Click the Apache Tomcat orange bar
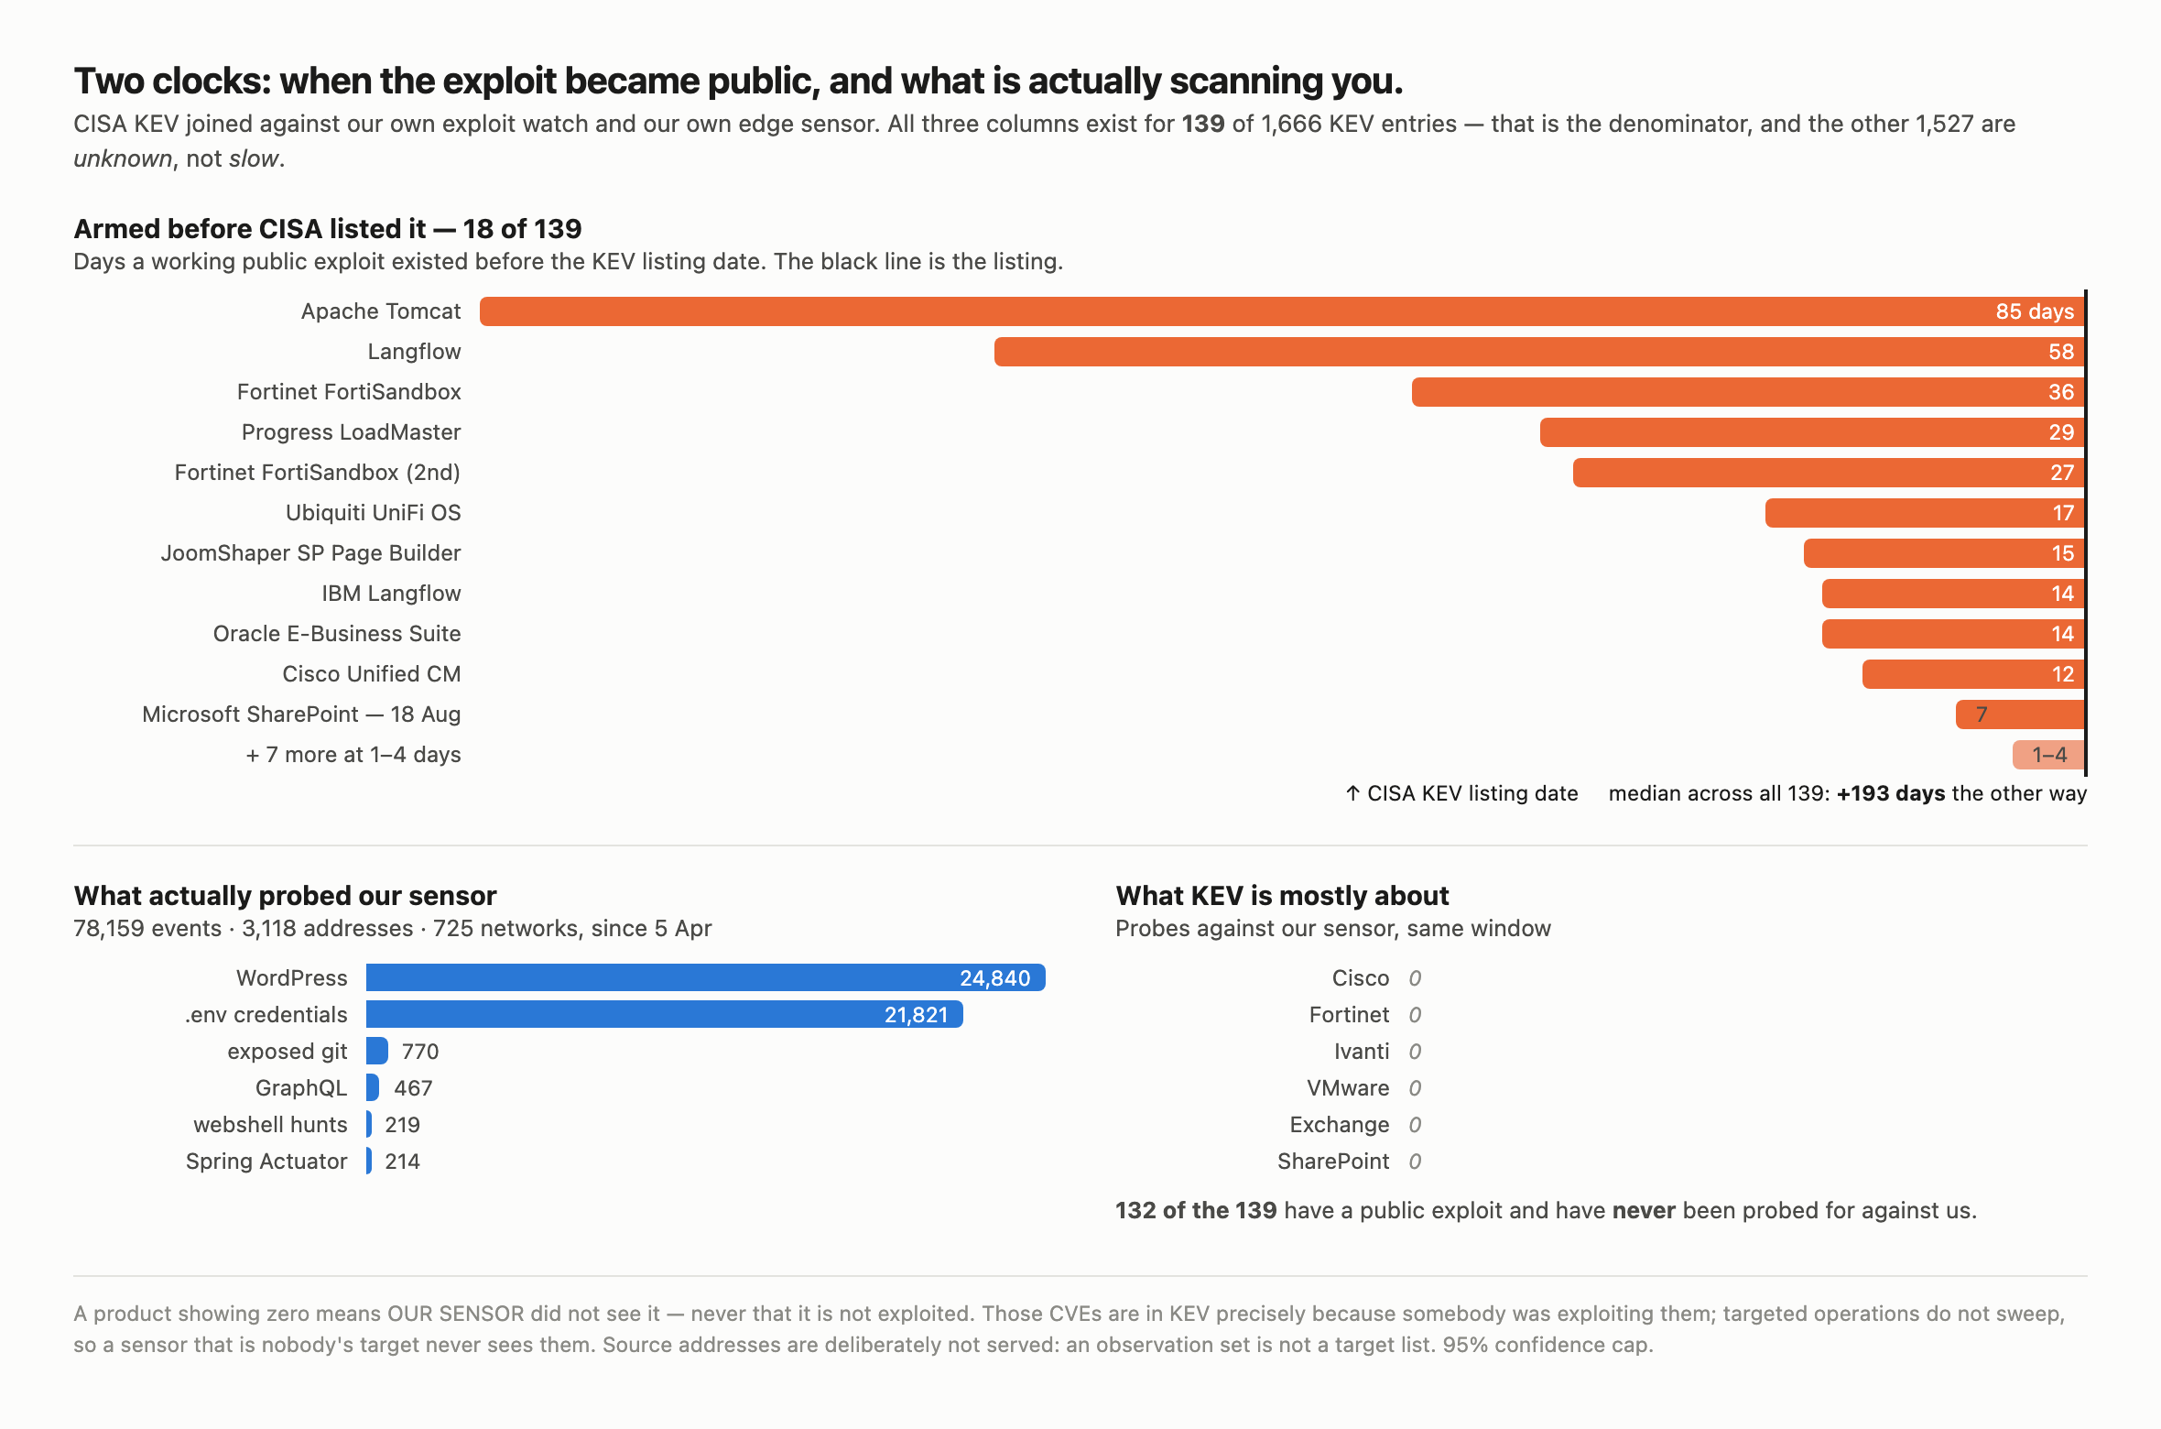pyautogui.click(x=1282, y=311)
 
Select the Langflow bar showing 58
pyautogui.click(x=1539, y=352)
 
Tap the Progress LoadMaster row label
pyautogui.click(x=351, y=432)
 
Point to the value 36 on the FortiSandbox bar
pyautogui.click(x=2061, y=392)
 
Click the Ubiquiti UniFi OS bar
pyautogui.click(x=1925, y=513)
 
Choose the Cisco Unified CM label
pyautogui.click(x=371, y=674)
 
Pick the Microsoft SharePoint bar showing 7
pyautogui.click(x=2020, y=714)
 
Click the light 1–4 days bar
pyautogui.click(x=2048, y=755)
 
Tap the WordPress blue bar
pyautogui.click(x=706, y=977)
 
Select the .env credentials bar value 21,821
pyautogui.click(x=916, y=1015)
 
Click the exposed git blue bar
pyautogui.click(x=377, y=1051)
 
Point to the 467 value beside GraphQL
pyautogui.click(x=413, y=1088)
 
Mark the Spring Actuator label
pyautogui.click(x=266, y=1162)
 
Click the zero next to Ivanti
pyautogui.click(x=1415, y=1052)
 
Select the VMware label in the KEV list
pyautogui.click(x=1348, y=1088)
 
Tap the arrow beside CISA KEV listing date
pyautogui.click(x=1352, y=793)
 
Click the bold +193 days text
pyautogui.click(x=1891, y=793)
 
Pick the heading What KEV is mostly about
pyautogui.click(x=1282, y=895)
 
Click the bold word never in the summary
pyautogui.click(x=1644, y=1211)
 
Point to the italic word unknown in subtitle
pyautogui.click(x=123, y=158)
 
